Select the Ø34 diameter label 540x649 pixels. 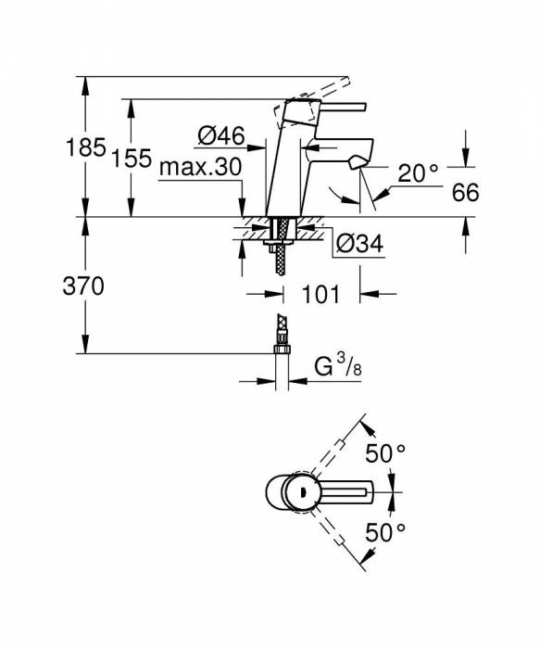tap(358, 244)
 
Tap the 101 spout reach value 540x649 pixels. tap(320, 295)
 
